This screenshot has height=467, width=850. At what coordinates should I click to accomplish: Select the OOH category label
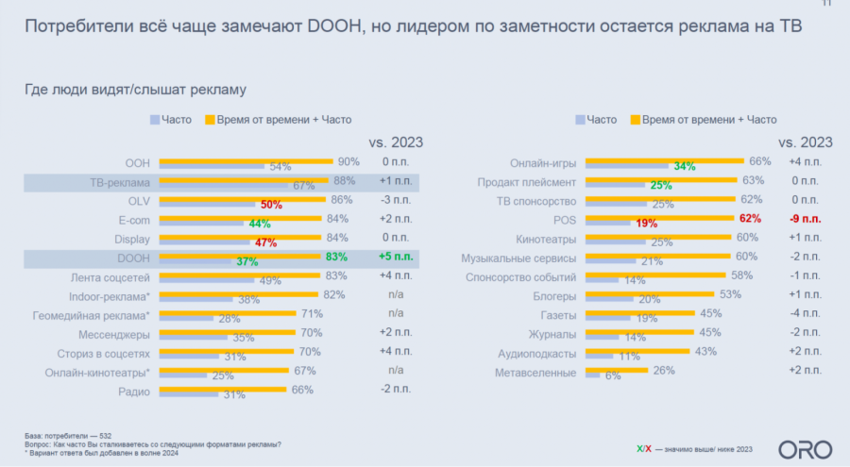pos(138,161)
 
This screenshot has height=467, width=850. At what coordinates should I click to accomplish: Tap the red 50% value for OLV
pos(272,205)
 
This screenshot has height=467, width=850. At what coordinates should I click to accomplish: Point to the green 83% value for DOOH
pos(336,257)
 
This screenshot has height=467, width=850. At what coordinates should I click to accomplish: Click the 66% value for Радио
pos(302,390)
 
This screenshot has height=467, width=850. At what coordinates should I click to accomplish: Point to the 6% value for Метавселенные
pos(613,376)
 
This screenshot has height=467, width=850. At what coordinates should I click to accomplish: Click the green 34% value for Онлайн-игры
pos(685,166)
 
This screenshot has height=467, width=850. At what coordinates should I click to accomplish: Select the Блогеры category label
pos(552,295)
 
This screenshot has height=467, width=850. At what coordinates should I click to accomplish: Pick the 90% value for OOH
pos(348,160)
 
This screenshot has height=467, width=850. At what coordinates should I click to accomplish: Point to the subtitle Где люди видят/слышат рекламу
pos(135,91)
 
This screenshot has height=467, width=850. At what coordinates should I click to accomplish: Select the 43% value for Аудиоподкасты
pos(706,352)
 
